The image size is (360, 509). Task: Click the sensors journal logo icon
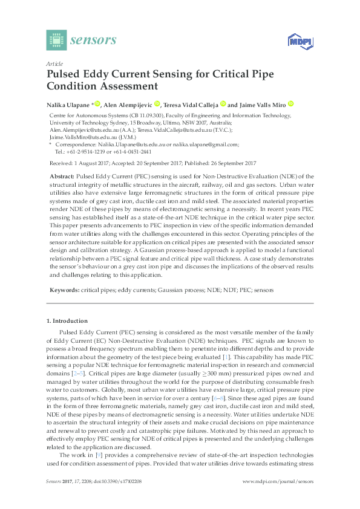pyautogui.click(x=56, y=40)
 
